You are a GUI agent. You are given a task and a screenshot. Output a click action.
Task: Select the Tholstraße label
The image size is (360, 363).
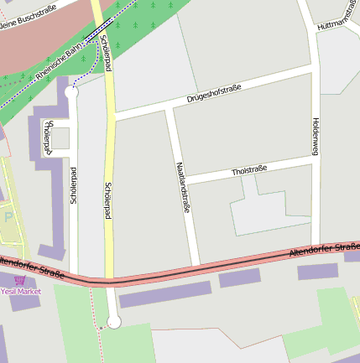248,171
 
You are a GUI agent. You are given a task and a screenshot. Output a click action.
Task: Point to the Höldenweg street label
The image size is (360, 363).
316,135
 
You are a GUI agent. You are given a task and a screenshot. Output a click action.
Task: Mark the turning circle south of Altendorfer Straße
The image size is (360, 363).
114,322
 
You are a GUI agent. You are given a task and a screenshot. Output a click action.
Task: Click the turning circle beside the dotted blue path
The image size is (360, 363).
71,94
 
